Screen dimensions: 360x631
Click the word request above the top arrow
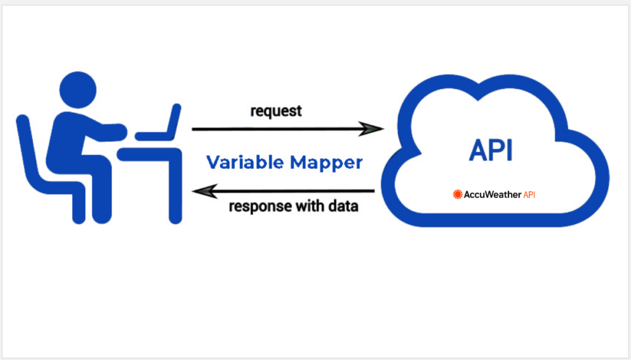coord(276,111)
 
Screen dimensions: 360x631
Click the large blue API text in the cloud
coord(491,150)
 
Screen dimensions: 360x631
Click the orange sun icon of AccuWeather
coord(457,194)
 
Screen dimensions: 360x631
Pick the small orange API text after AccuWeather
coord(534,194)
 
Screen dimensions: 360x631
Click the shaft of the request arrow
coord(277,129)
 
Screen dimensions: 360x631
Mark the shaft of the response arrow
coord(296,191)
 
